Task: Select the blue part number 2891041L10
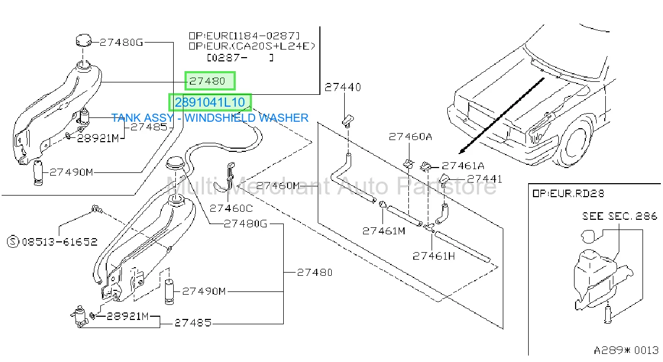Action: [210, 102]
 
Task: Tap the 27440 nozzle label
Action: [343, 87]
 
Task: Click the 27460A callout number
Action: [410, 136]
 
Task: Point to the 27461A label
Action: [463, 166]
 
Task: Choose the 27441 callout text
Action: [484, 179]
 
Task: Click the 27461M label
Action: [384, 231]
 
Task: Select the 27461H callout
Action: [434, 256]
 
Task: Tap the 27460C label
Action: [231, 208]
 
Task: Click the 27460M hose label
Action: [278, 186]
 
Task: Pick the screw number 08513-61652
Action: [59, 242]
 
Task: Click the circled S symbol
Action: [13, 241]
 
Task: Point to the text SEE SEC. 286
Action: [619, 217]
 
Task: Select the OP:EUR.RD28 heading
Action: [568, 193]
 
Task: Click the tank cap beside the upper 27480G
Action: [84, 40]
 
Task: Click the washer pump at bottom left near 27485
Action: [79, 317]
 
